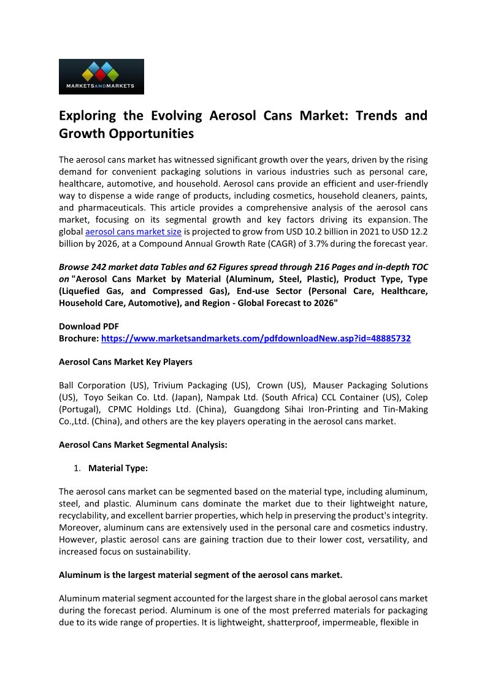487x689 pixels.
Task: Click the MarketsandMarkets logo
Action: point(101,77)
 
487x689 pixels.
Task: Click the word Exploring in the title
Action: point(90,116)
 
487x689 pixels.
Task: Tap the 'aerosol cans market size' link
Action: point(133,232)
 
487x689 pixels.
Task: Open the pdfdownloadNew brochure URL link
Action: point(256,338)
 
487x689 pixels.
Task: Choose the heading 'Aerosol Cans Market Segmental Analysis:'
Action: point(143,444)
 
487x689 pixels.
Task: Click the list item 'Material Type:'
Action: point(118,468)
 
